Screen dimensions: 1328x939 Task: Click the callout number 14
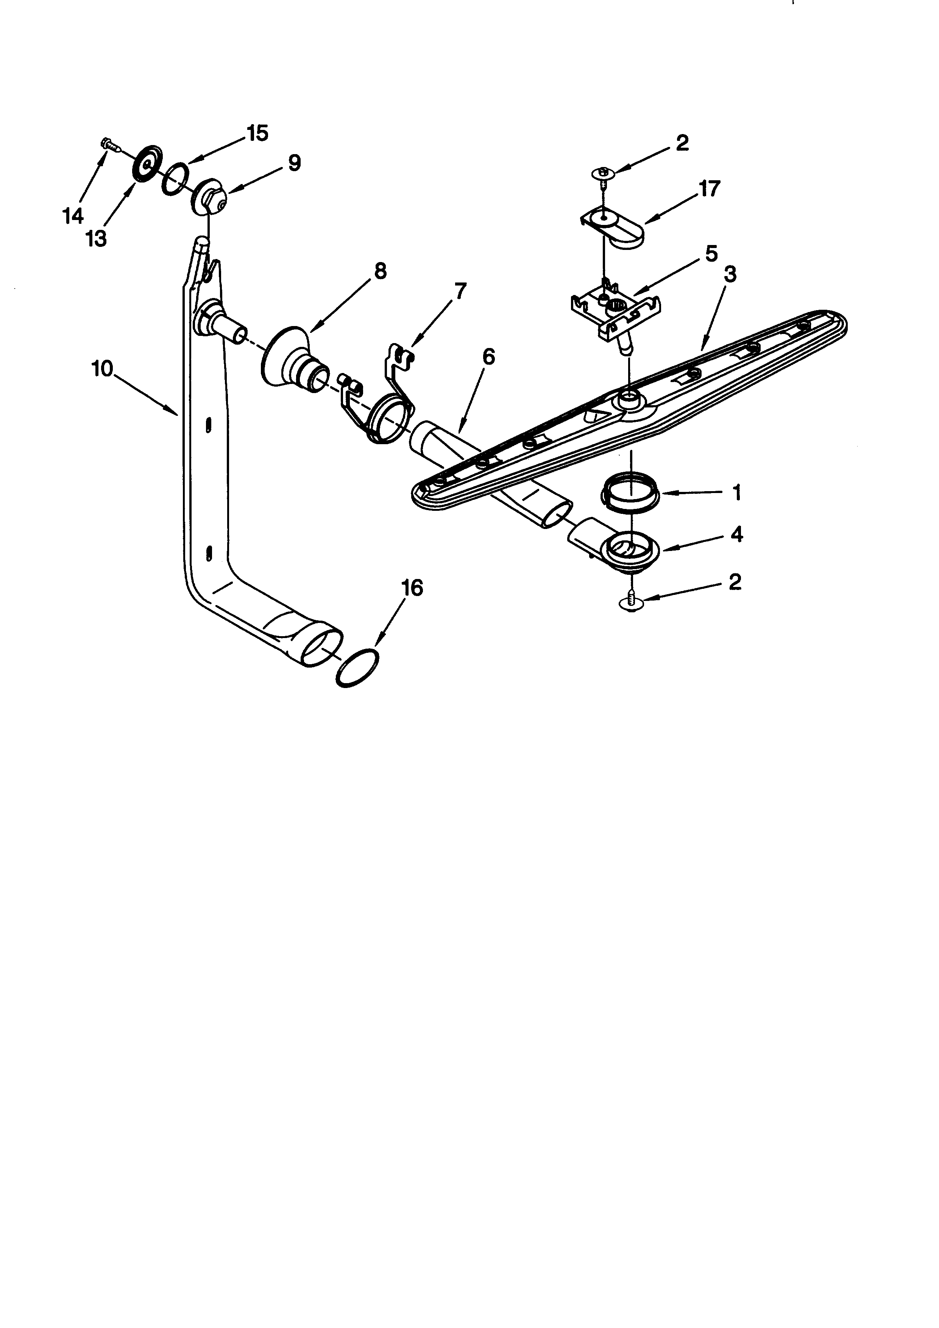(x=73, y=216)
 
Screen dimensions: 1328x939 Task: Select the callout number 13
(x=97, y=238)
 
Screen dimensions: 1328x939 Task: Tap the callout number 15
(x=258, y=134)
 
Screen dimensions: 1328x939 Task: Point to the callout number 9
(x=294, y=163)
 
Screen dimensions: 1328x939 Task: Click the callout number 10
(x=102, y=368)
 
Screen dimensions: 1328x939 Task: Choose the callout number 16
(x=413, y=588)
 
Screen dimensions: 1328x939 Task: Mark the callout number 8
(x=380, y=271)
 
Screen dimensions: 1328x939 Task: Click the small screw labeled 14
(x=109, y=144)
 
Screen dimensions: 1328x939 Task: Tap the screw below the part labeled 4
(x=632, y=603)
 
